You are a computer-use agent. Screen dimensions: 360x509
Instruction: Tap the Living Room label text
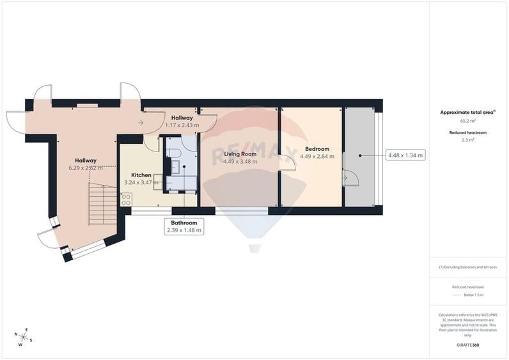(240, 153)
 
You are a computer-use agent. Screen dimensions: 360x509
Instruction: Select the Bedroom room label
(317, 149)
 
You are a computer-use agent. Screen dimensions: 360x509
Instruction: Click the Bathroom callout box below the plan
(184, 226)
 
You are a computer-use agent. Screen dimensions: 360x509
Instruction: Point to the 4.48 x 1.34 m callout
(405, 155)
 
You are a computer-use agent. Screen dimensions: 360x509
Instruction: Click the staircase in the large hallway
(102, 204)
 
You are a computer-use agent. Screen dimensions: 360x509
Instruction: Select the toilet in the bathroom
(175, 152)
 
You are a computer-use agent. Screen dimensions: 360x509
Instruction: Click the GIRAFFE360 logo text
(467, 345)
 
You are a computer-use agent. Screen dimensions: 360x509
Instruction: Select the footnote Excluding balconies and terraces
(468, 267)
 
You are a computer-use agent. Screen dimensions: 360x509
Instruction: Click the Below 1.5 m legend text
(473, 295)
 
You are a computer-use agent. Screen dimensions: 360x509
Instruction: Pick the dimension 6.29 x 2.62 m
(86, 168)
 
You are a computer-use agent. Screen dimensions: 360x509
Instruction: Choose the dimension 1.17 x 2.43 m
(182, 125)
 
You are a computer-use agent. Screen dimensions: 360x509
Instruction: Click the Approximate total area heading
(467, 112)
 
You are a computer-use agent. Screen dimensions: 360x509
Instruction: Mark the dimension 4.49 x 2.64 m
(317, 156)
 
